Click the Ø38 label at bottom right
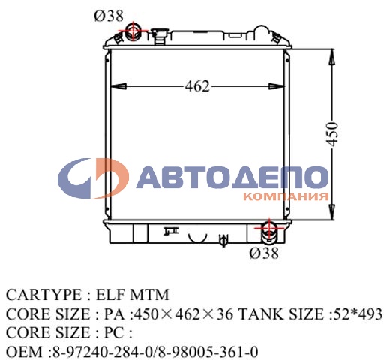coord(264,253)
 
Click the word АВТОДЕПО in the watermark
coord(233,176)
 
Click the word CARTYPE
coord(37,293)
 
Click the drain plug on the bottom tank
coord(222,240)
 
